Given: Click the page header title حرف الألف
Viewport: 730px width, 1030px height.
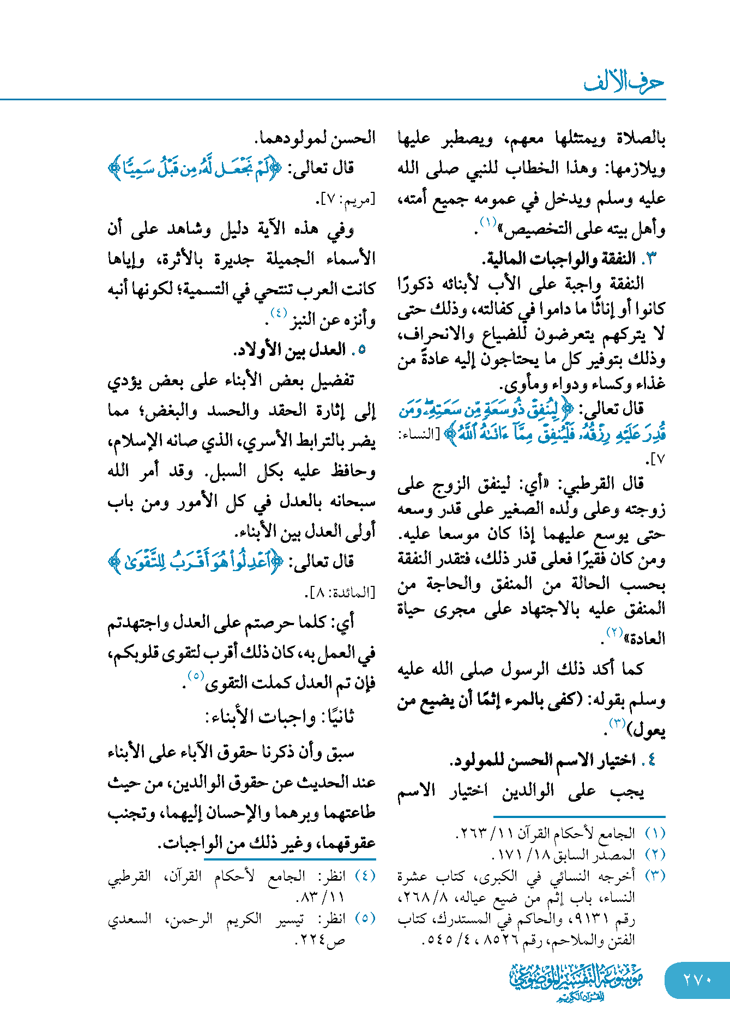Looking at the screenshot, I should coord(624,82).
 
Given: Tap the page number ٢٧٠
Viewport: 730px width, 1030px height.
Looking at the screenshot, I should coord(697,980).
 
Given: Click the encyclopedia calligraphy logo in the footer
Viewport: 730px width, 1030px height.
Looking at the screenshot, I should coord(576,981).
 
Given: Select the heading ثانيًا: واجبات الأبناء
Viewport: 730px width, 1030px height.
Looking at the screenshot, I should coord(280,717).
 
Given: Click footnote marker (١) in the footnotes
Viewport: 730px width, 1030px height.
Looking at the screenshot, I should coord(655,833).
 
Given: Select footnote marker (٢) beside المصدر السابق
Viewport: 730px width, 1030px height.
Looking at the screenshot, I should coord(655,855).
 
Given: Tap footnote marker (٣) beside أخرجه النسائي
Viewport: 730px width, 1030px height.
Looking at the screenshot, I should coord(655,876).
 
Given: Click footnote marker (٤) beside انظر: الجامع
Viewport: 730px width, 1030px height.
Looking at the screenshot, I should coord(365,876).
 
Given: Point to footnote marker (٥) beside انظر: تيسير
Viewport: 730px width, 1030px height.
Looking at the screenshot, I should coord(365,918).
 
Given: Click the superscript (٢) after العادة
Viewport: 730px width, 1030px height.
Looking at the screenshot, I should coord(615,632).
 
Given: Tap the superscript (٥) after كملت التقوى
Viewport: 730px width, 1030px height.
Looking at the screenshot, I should coord(196,676).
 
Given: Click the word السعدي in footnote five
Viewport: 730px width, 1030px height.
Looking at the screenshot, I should coord(129,919).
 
